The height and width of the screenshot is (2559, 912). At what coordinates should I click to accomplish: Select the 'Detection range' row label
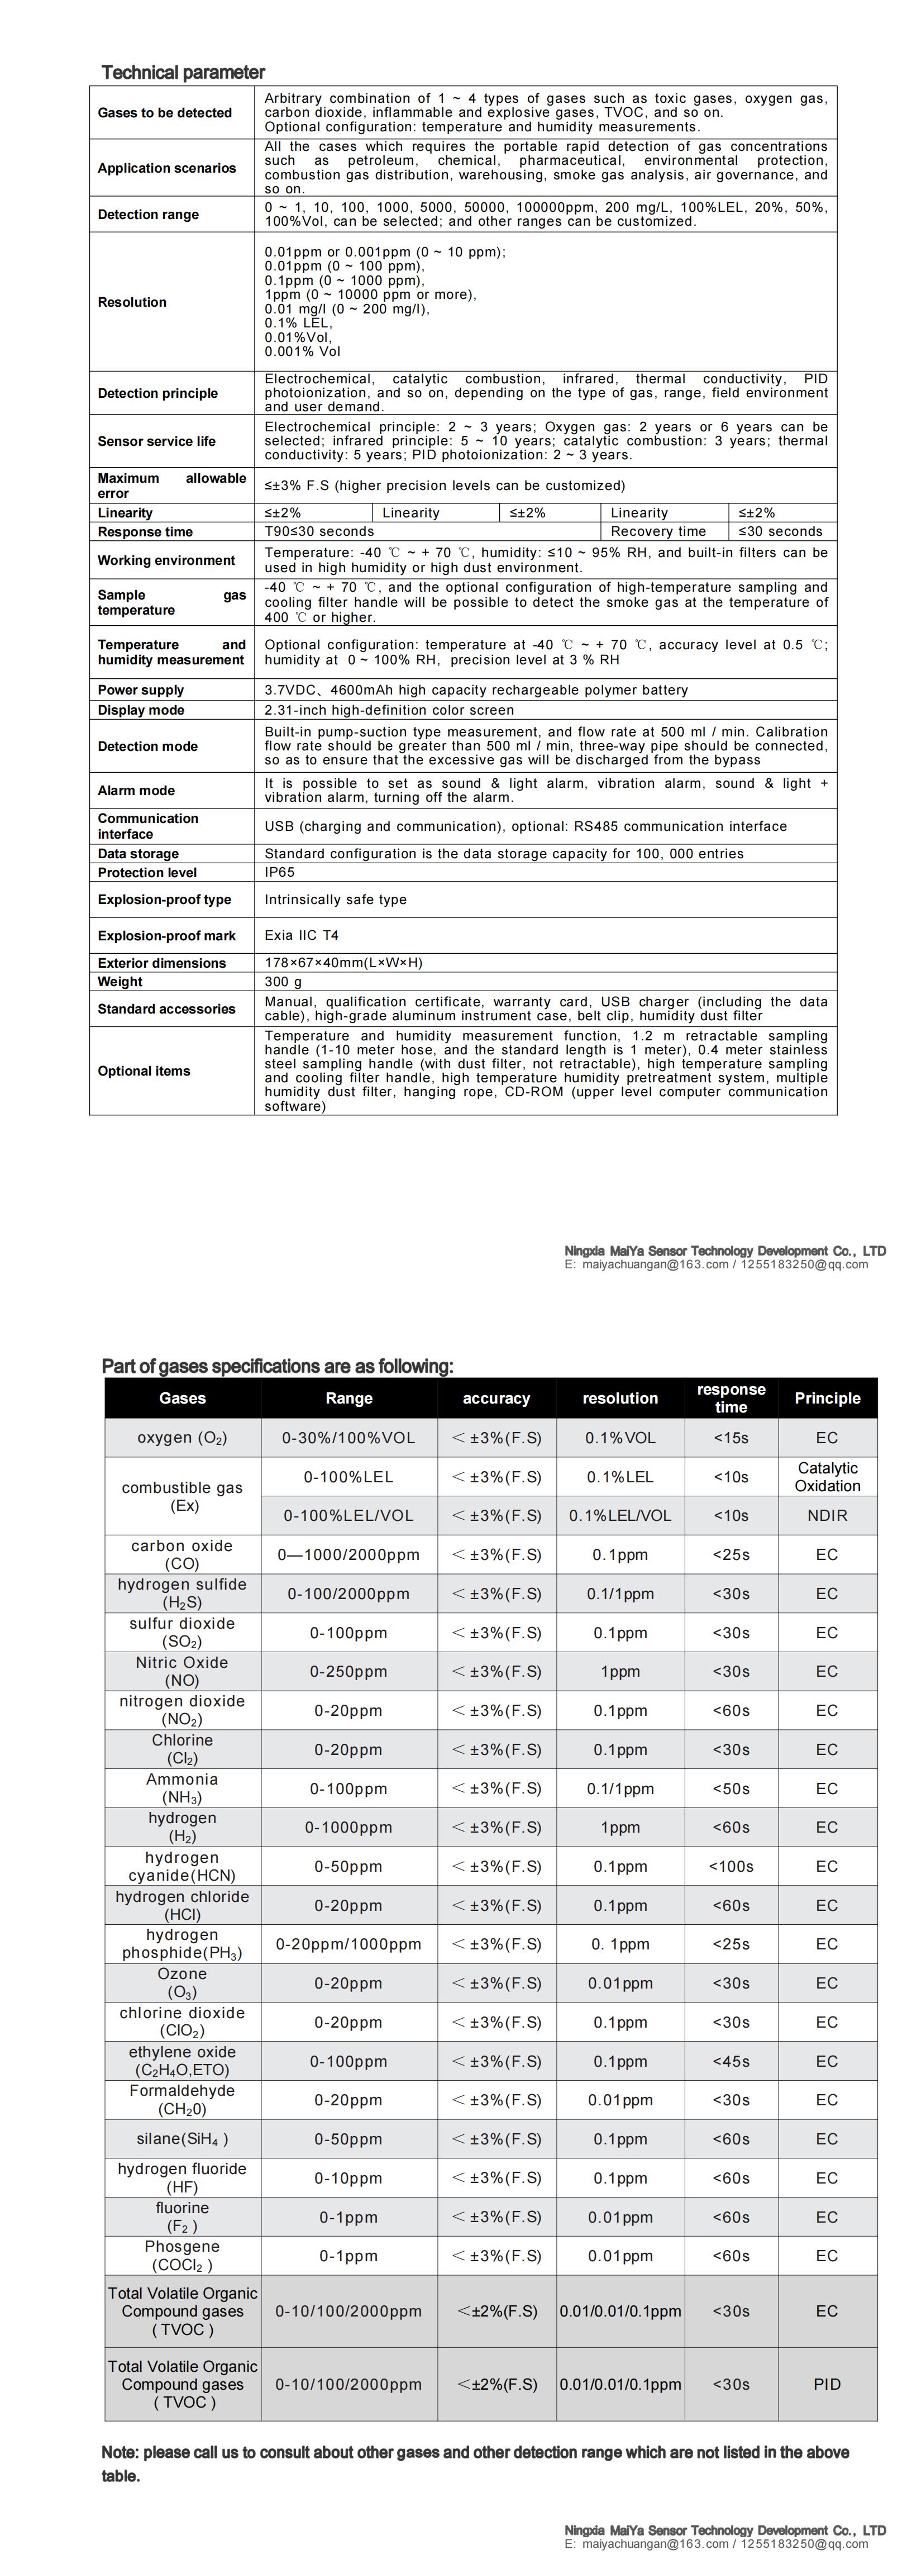(x=148, y=215)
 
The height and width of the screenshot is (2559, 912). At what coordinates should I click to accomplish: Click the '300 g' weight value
(x=283, y=982)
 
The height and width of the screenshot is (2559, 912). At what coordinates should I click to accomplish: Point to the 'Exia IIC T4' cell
(x=301, y=935)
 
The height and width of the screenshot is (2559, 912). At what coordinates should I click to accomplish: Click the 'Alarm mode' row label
(x=136, y=791)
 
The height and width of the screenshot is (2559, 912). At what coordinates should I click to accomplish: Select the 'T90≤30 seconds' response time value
(x=319, y=531)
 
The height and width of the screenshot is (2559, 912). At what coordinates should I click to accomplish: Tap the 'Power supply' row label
(x=140, y=689)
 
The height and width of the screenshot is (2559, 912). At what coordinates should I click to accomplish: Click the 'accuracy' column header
(x=496, y=1398)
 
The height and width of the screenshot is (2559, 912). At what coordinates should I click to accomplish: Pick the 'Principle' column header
(x=827, y=1398)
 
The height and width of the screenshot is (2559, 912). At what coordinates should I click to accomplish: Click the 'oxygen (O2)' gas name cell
(x=182, y=1438)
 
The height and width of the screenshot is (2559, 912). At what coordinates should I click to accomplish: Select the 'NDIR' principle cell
(x=827, y=1515)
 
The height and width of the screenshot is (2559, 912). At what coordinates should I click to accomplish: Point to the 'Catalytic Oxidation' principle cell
(x=827, y=1476)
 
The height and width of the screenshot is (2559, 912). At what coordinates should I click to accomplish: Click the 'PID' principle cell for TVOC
(x=827, y=2384)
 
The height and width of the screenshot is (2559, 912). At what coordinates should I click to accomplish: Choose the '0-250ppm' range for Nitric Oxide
(x=348, y=1671)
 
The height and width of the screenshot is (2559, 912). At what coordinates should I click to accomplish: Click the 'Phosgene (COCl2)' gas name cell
(x=182, y=2255)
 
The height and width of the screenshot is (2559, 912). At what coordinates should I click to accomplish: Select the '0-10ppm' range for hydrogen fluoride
(x=348, y=2177)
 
